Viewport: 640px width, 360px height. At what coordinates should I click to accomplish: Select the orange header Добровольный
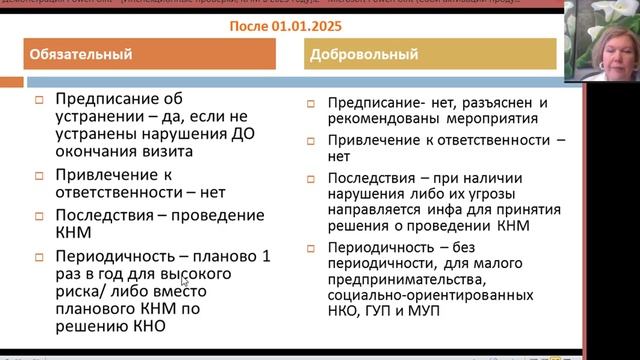360,54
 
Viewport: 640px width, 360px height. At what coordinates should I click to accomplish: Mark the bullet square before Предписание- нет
312,103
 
